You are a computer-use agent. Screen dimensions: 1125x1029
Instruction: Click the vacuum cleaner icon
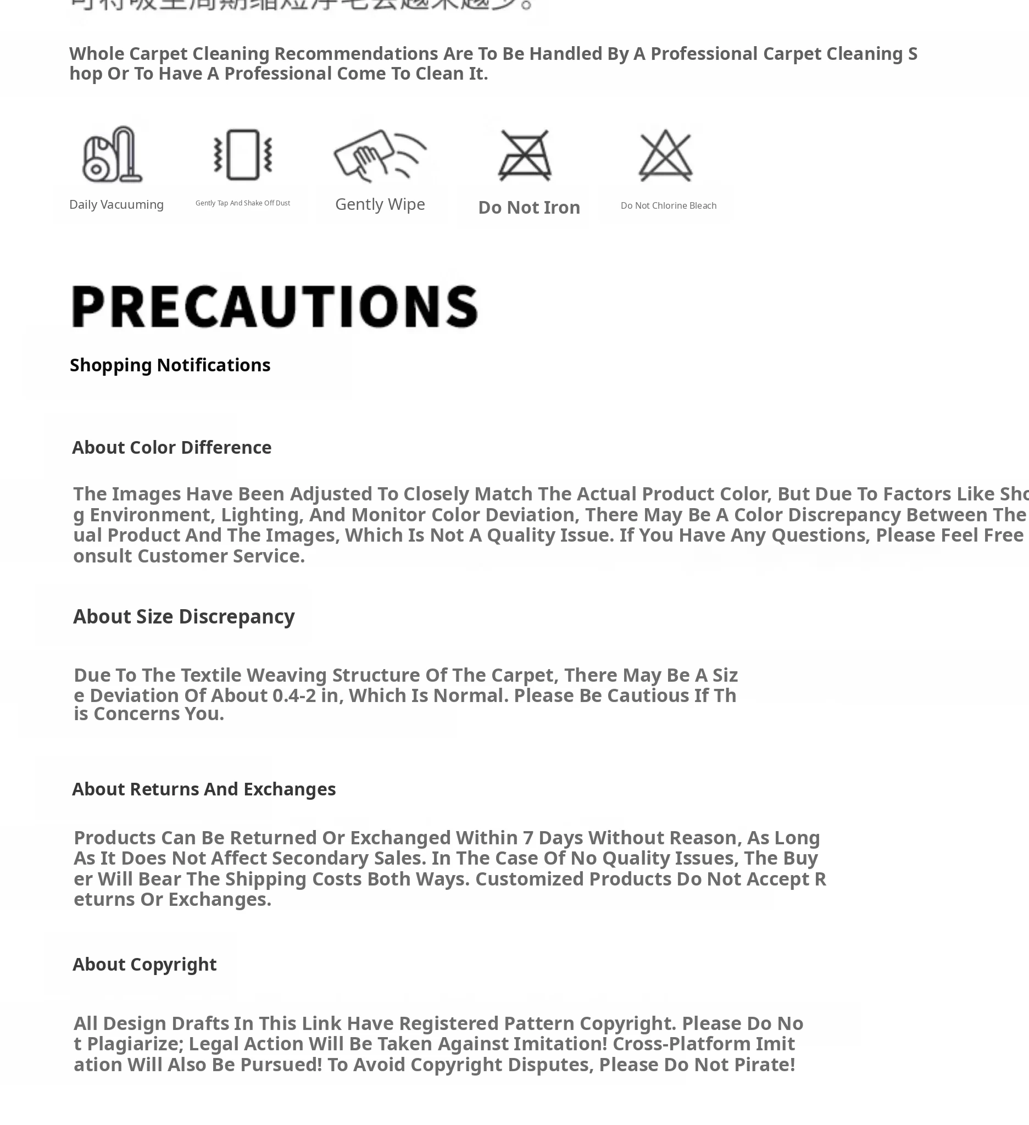(112, 154)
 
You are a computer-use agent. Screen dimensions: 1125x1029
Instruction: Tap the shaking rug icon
(243, 154)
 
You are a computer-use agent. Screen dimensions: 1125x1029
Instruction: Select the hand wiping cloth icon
(380, 154)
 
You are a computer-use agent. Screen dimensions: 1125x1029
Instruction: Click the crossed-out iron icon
(525, 155)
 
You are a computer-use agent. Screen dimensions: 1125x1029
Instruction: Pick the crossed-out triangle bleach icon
(665, 155)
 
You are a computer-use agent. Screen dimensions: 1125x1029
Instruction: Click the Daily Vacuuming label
(116, 205)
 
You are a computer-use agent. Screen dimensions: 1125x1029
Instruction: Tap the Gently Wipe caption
(380, 204)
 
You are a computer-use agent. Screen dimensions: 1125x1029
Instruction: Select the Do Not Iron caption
(529, 208)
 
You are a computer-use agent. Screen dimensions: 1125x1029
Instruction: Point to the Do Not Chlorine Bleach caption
(668, 206)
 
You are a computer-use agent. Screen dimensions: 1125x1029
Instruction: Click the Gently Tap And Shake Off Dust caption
(243, 203)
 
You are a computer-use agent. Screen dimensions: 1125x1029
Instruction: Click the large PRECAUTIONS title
(275, 306)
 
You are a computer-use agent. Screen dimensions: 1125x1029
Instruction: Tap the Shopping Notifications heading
(170, 365)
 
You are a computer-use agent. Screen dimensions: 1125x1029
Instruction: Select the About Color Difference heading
(171, 448)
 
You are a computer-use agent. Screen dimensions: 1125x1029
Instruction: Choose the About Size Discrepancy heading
(183, 617)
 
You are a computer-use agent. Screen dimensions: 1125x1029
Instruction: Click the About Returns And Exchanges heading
(204, 789)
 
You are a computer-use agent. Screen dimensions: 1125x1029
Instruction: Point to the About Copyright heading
(144, 964)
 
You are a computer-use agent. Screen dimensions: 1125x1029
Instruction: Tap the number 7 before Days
(527, 838)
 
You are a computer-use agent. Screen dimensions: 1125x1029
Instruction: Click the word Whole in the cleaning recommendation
(97, 54)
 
